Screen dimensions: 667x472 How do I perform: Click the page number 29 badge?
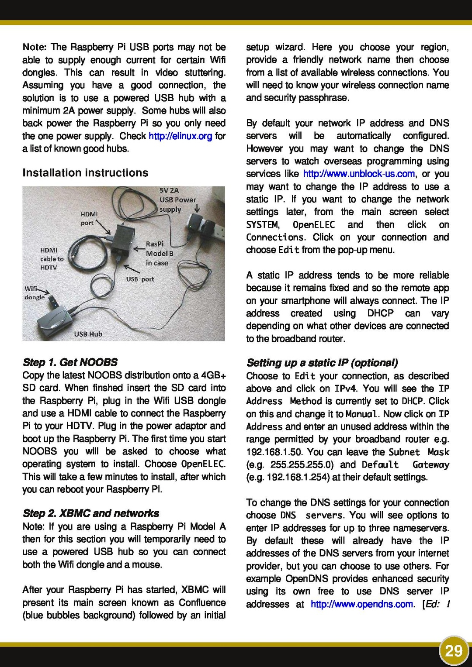pyautogui.click(x=454, y=651)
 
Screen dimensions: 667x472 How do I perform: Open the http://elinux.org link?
pyautogui.click(x=180, y=136)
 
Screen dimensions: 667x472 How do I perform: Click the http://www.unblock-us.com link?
pyautogui.click(x=359, y=174)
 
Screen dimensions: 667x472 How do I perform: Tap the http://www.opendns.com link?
pyautogui.click(x=362, y=604)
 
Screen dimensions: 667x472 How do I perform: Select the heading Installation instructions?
pyautogui.click(x=85, y=173)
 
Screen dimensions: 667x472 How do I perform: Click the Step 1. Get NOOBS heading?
pyautogui.click(x=70, y=362)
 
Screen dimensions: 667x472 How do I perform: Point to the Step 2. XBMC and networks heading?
pyautogui.click(x=91, y=513)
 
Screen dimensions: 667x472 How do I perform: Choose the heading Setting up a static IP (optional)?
pyautogui.click(x=322, y=363)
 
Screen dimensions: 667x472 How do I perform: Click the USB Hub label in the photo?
pyautogui.click(x=88, y=334)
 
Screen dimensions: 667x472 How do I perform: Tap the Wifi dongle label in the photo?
pyautogui.click(x=34, y=293)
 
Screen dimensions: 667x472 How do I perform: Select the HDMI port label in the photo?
pyautogui.click(x=89, y=218)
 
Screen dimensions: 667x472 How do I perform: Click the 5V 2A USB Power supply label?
pyautogui.click(x=177, y=200)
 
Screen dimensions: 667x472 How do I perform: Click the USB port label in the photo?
pyautogui.click(x=140, y=279)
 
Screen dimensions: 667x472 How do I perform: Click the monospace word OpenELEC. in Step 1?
pyautogui.click(x=203, y=464)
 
